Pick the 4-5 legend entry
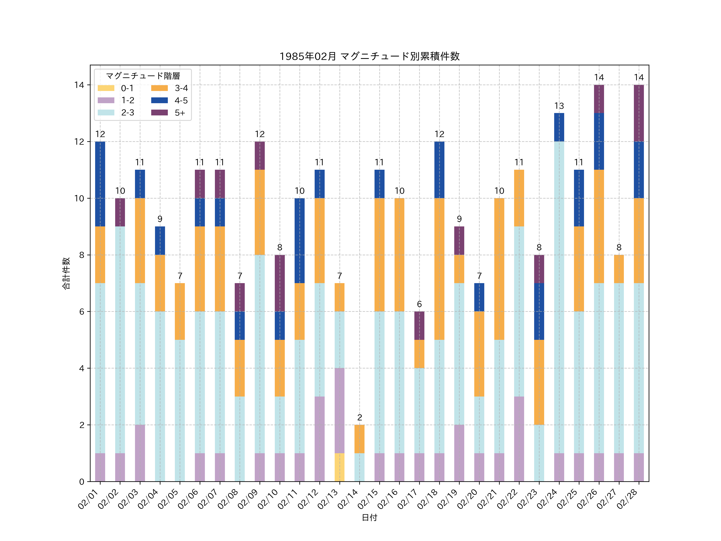169,100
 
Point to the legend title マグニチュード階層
143,76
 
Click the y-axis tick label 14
79,85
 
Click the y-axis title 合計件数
66,273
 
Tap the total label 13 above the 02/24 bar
559,106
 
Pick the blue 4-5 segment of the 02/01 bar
100,184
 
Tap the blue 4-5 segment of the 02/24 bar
559,127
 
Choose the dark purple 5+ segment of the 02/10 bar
279,283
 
